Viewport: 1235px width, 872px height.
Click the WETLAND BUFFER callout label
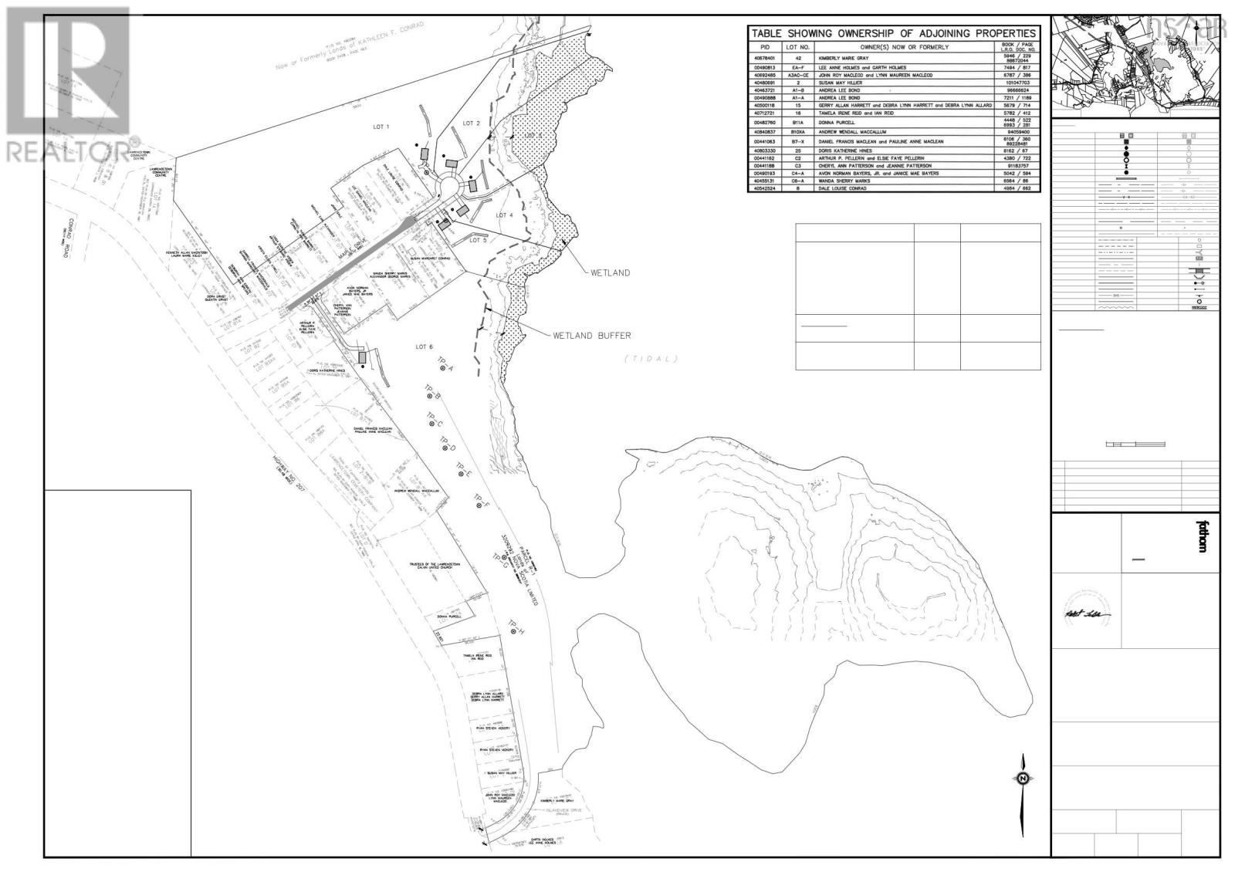pyautogui.click(x=590, y=336)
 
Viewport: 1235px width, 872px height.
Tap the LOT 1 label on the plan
pyautogui.click(x=381, y=127)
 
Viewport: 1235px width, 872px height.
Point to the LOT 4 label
pyautogui.click(x=505, y=215)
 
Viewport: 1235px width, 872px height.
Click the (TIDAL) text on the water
pyautogui.click(x=651, y=359)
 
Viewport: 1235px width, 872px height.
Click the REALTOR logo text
pyautogui.click(x=73, y=151)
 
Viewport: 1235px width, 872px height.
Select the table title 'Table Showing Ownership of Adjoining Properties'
pyautogui.click(x=893, y=33)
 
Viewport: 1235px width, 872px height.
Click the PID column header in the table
pyautogui.click(x=765, y=47)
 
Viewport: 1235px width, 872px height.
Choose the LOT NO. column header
pyautogui.click(x=797, y=47)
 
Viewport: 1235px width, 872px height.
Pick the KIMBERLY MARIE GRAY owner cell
pyautogui.click(x=854, y=57)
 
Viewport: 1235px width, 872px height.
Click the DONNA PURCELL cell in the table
pyautogui.click(x=838, y=122)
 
